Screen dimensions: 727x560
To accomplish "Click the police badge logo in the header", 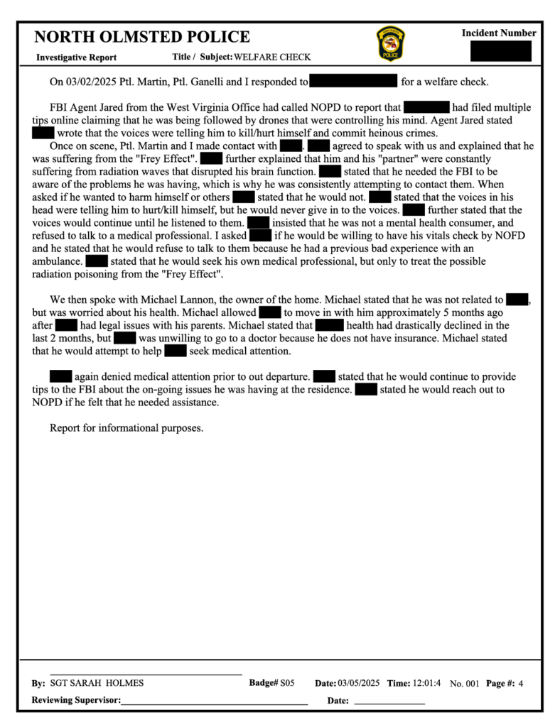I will (390, 44).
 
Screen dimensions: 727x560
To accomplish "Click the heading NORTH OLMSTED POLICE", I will (142, 38).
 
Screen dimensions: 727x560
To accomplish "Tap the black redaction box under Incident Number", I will (500, 51).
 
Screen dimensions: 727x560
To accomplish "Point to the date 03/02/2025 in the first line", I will (94, 82).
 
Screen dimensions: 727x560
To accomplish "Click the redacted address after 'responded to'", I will (353, 82).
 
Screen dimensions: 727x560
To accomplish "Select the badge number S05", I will (287, 683).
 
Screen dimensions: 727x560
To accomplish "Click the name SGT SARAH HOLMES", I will (97, 683).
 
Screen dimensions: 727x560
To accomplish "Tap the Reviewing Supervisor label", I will (77, 701).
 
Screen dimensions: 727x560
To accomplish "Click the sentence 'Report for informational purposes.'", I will (126, 428).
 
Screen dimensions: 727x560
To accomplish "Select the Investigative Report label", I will (77, 58).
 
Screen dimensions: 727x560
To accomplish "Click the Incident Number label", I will (499, 33).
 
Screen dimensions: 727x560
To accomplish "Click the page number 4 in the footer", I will (521, 683).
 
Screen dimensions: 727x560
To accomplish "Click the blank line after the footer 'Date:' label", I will (389, 701).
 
